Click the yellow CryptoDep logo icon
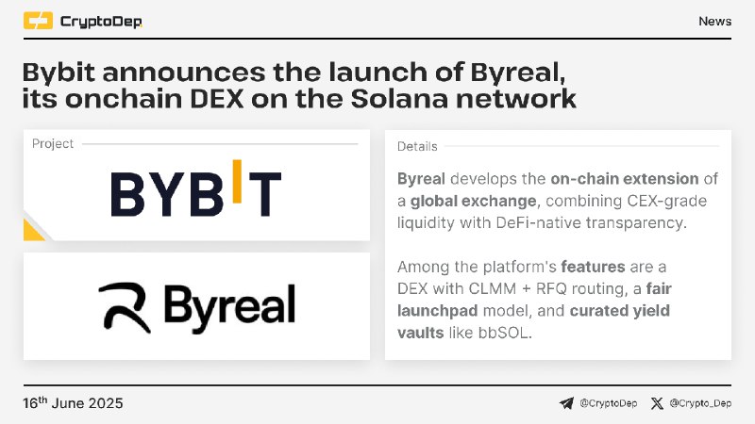coord(38,21)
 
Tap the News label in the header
coord(715,21)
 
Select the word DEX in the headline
coord(217,99)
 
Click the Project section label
coord(53,144)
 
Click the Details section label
coord(417,147)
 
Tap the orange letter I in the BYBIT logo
coord(237,181)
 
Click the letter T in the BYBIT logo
coord(265,194)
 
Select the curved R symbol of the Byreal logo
coord(125,307)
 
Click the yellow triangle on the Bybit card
coord(32,231)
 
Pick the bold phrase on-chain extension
coord(625,179)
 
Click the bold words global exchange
coord(474,201)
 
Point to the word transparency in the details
coord(635,223)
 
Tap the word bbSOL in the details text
coord(505,333)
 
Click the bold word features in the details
coord(594,267)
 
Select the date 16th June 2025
coord(73,402)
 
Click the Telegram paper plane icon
coord(566,403)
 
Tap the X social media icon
coord(657,403)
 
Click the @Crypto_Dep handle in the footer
coord(700,403)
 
